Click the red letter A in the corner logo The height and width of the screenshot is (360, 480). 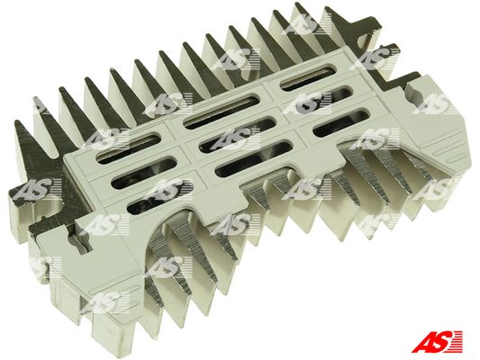click(x=422, y=341)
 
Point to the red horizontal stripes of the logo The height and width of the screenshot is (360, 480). click(x=456, y=341)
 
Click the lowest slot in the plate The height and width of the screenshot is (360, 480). click(x=158, y=198)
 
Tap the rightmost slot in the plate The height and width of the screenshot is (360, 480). click(x=341, y=123)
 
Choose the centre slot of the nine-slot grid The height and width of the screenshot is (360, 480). click(x=237, y=135)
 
